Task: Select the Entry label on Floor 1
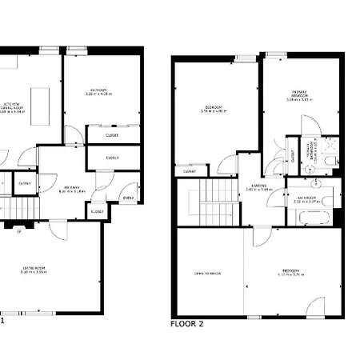tap(128, 197)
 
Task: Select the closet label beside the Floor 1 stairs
tap(24, 183)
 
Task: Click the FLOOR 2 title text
tap(187, 324)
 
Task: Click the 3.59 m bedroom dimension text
tap(213, 111)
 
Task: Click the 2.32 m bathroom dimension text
tap(308, 202)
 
